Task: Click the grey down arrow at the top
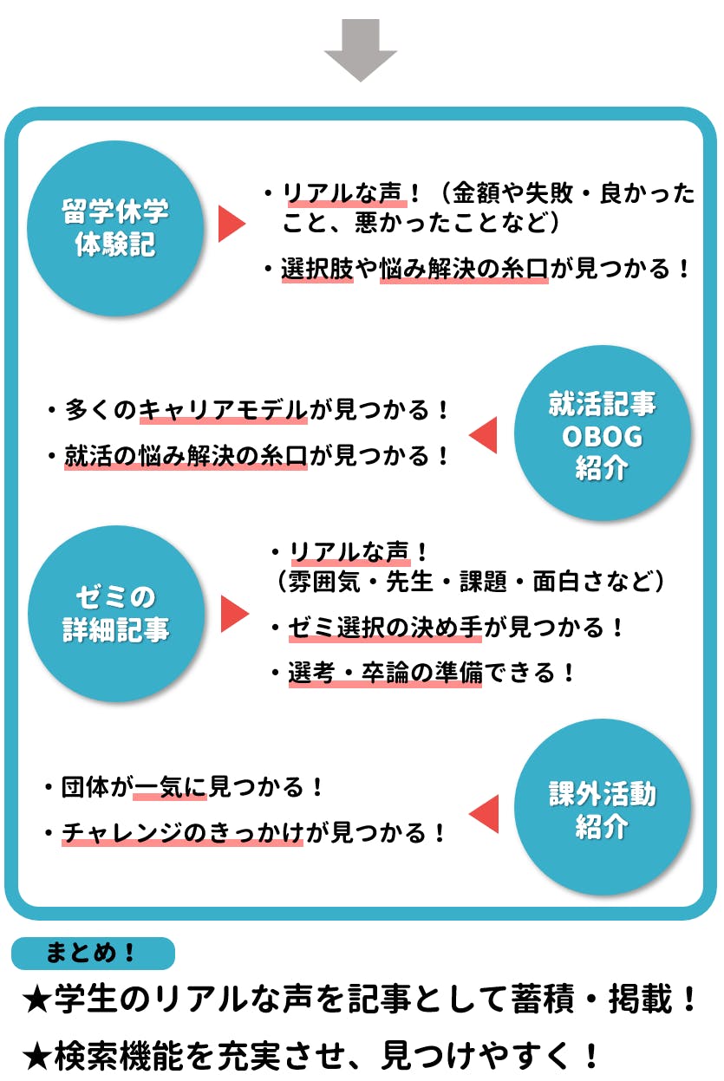361,50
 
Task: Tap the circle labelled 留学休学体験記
115,228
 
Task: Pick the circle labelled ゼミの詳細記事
116,614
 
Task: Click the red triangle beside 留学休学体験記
231,225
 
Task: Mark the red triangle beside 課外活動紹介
483,814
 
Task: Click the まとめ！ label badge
93,953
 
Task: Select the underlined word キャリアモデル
224,409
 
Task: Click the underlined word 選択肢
317,269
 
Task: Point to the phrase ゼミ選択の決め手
385,627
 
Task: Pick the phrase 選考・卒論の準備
385,673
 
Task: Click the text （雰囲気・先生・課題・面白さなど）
469,581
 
